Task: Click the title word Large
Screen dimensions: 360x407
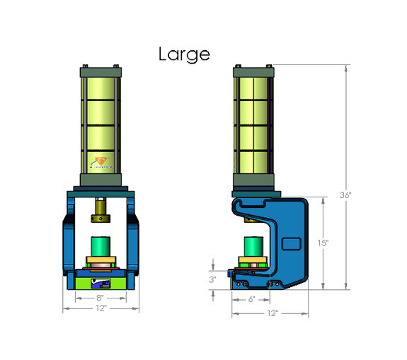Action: (183, 54)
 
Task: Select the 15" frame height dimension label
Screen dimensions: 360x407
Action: (323, 243)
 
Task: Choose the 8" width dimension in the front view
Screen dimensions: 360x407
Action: (100, 298)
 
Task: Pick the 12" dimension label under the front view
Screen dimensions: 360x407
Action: (100, 308)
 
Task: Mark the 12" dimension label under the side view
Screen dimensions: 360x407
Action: (272, 313)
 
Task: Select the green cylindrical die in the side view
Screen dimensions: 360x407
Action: (253, 248)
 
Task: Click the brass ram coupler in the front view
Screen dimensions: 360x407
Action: (101, 209)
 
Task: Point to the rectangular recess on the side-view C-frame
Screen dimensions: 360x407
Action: (291, 244)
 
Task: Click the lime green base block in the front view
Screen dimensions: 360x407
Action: (100, 281)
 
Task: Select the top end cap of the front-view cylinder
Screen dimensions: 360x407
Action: (102, 71)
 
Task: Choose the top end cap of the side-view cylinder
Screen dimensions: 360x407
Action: (253, 71)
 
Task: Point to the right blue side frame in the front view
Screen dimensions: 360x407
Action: (132, 237)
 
